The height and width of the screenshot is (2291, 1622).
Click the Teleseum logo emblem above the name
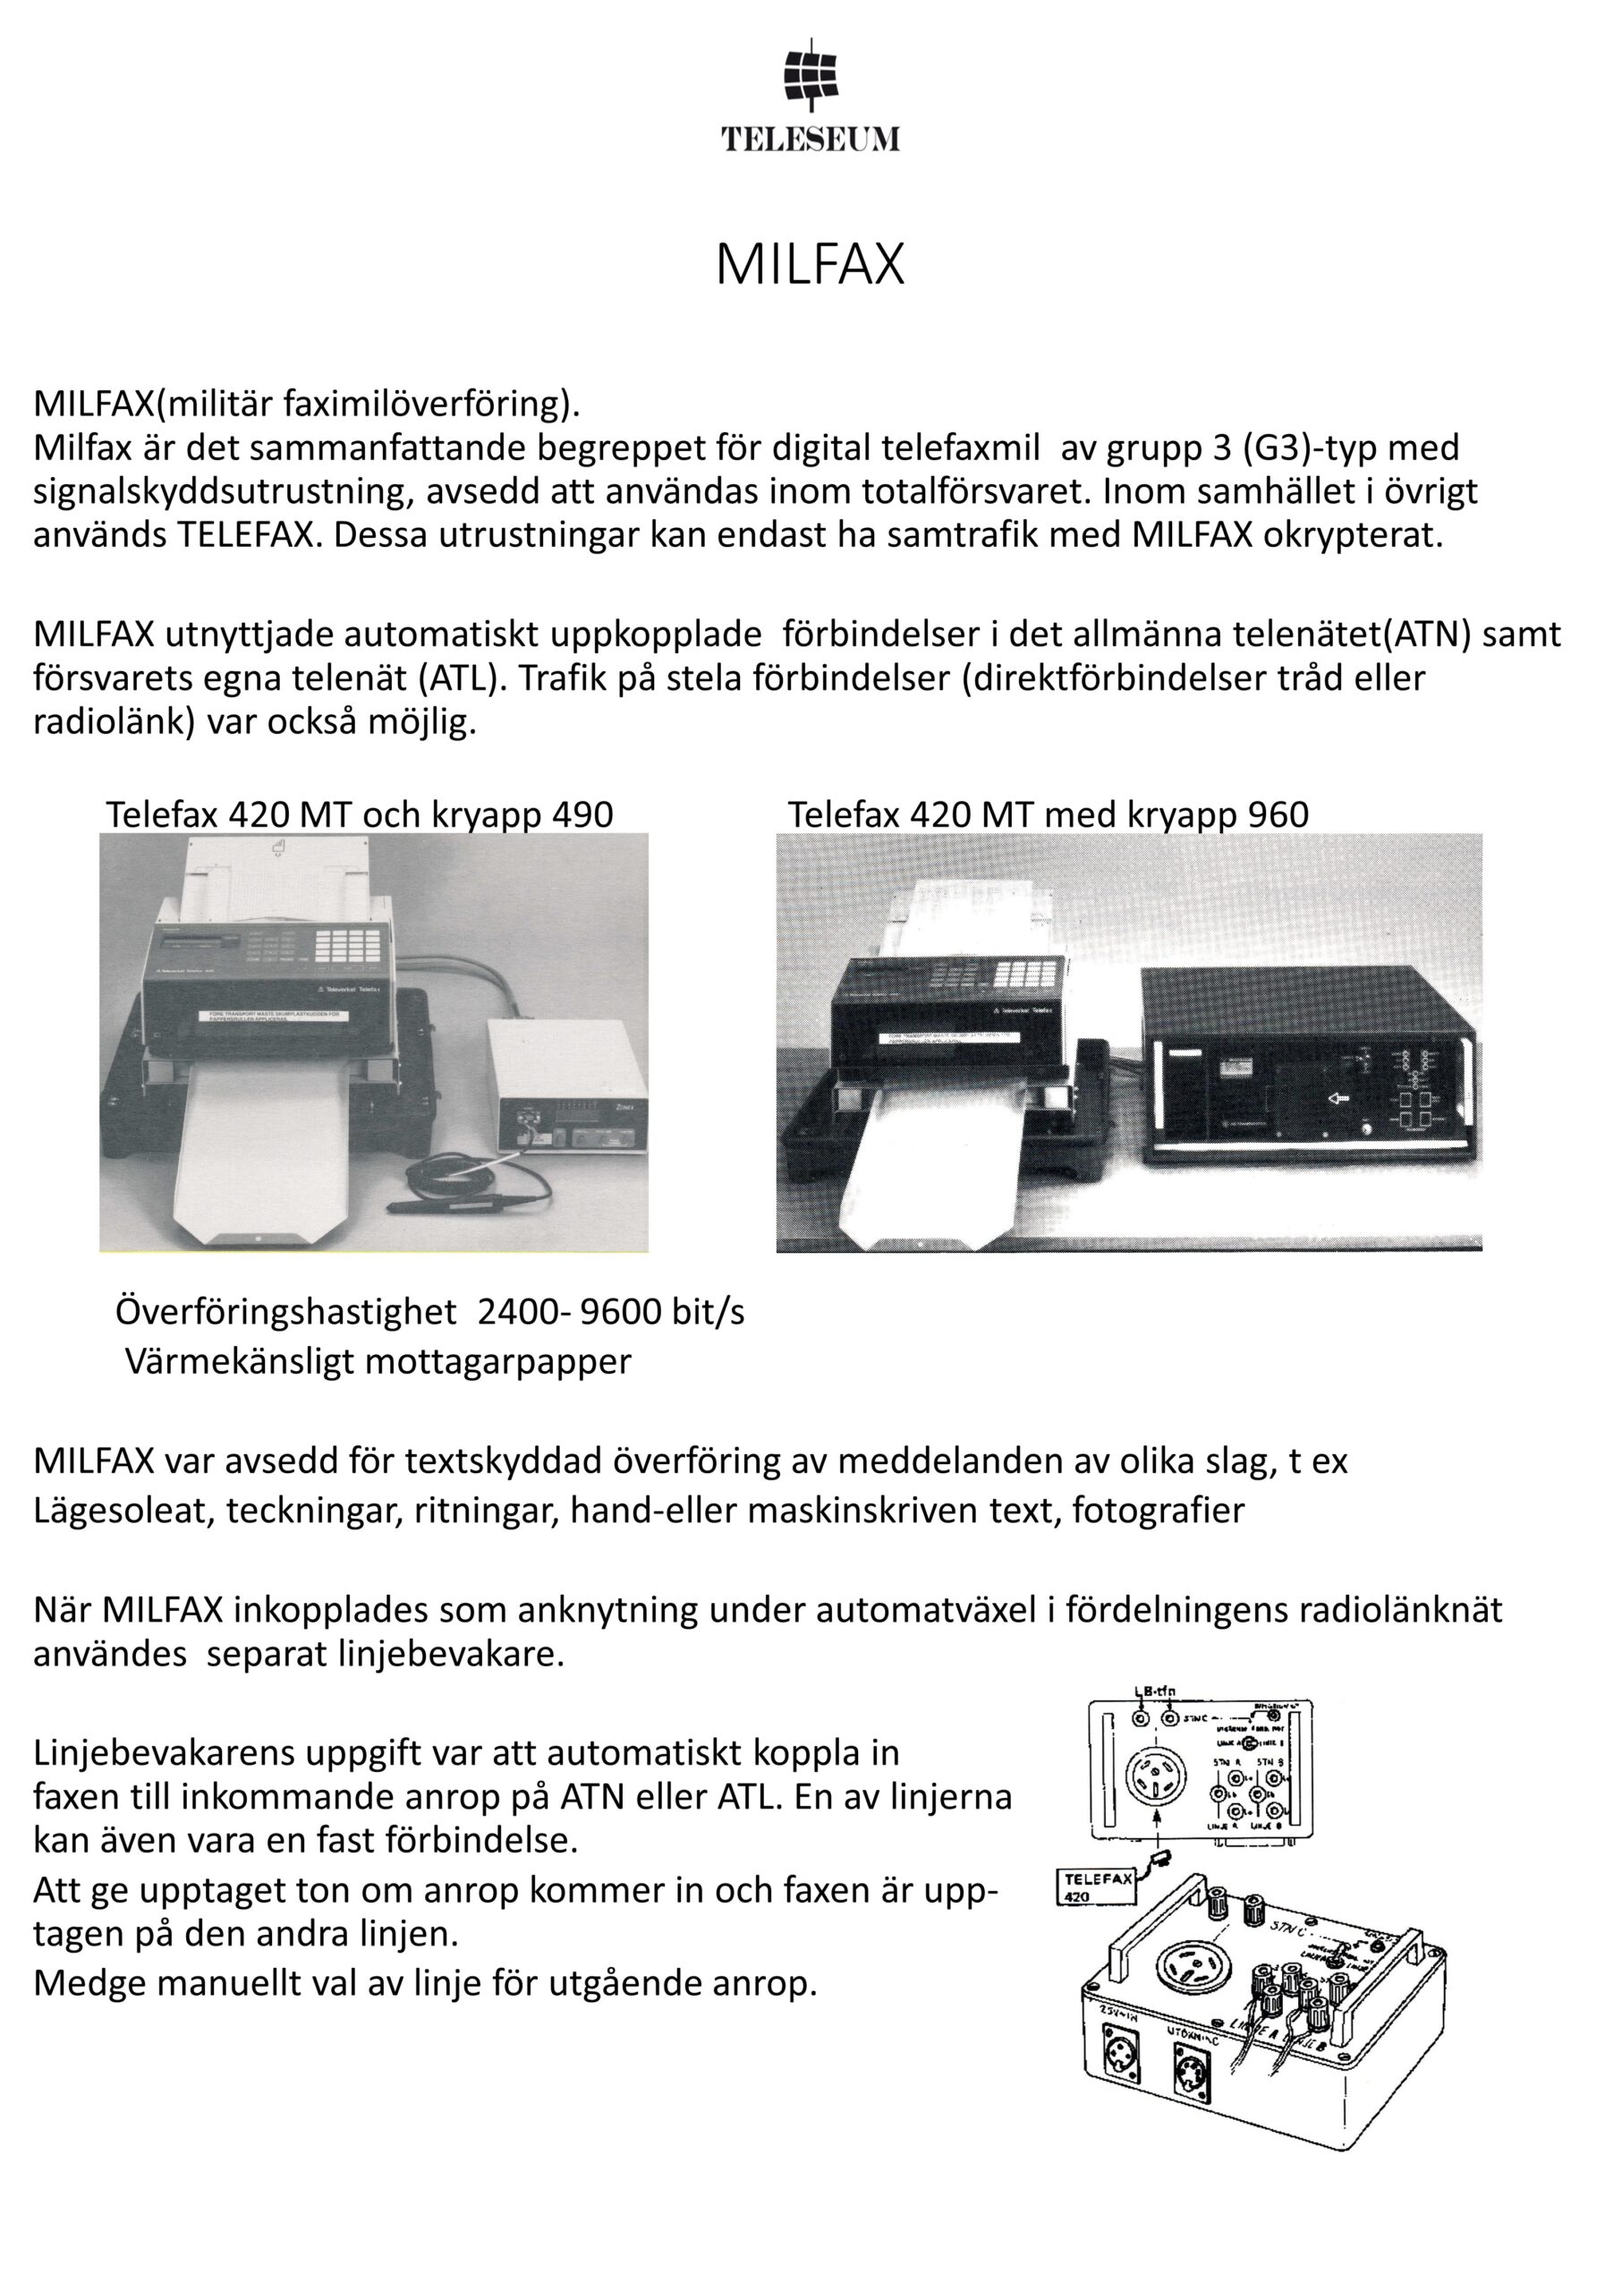811,75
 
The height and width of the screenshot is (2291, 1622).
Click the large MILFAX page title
810,265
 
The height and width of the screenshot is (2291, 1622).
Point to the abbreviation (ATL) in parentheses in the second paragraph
456,678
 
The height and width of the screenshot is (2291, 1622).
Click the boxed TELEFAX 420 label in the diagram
1097,1886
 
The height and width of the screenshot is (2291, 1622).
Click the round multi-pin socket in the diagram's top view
1157,1777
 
